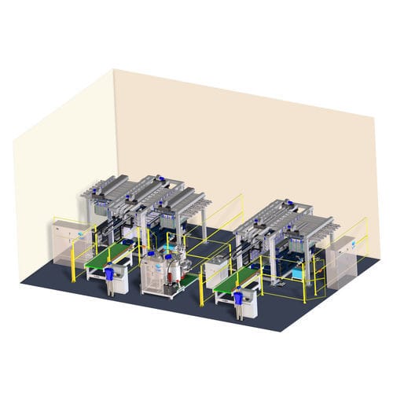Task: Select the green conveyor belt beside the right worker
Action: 238,277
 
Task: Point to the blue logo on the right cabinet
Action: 351,245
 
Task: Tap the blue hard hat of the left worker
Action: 108,266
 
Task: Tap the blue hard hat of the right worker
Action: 237,289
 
